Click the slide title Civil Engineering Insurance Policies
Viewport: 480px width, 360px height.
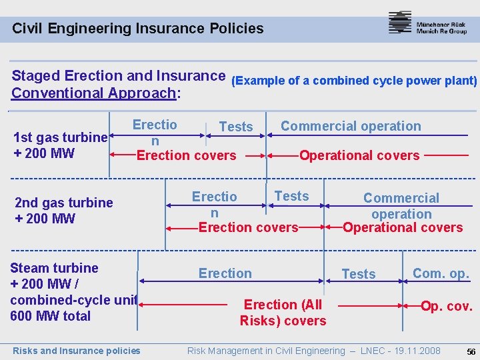(138, 29)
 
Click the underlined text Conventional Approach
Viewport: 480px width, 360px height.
(94, 93)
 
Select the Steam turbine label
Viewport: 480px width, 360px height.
(54, 268)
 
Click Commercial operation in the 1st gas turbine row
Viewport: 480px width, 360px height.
(351, 126)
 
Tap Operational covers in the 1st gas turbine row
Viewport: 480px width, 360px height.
(359, 155)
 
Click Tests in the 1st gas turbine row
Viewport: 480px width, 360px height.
(236, 127)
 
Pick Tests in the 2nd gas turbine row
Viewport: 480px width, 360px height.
(292, 196)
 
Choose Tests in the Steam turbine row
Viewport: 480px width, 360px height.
(359, 274)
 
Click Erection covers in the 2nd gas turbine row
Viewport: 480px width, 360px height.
(248, 227)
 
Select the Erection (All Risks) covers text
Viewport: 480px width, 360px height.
(283, 313)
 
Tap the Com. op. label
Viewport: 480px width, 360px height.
(441, 273)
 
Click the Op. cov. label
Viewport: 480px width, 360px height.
(446, 307)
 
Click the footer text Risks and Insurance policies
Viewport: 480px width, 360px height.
(77, 351)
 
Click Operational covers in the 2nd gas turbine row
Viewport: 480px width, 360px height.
(403, 227)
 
